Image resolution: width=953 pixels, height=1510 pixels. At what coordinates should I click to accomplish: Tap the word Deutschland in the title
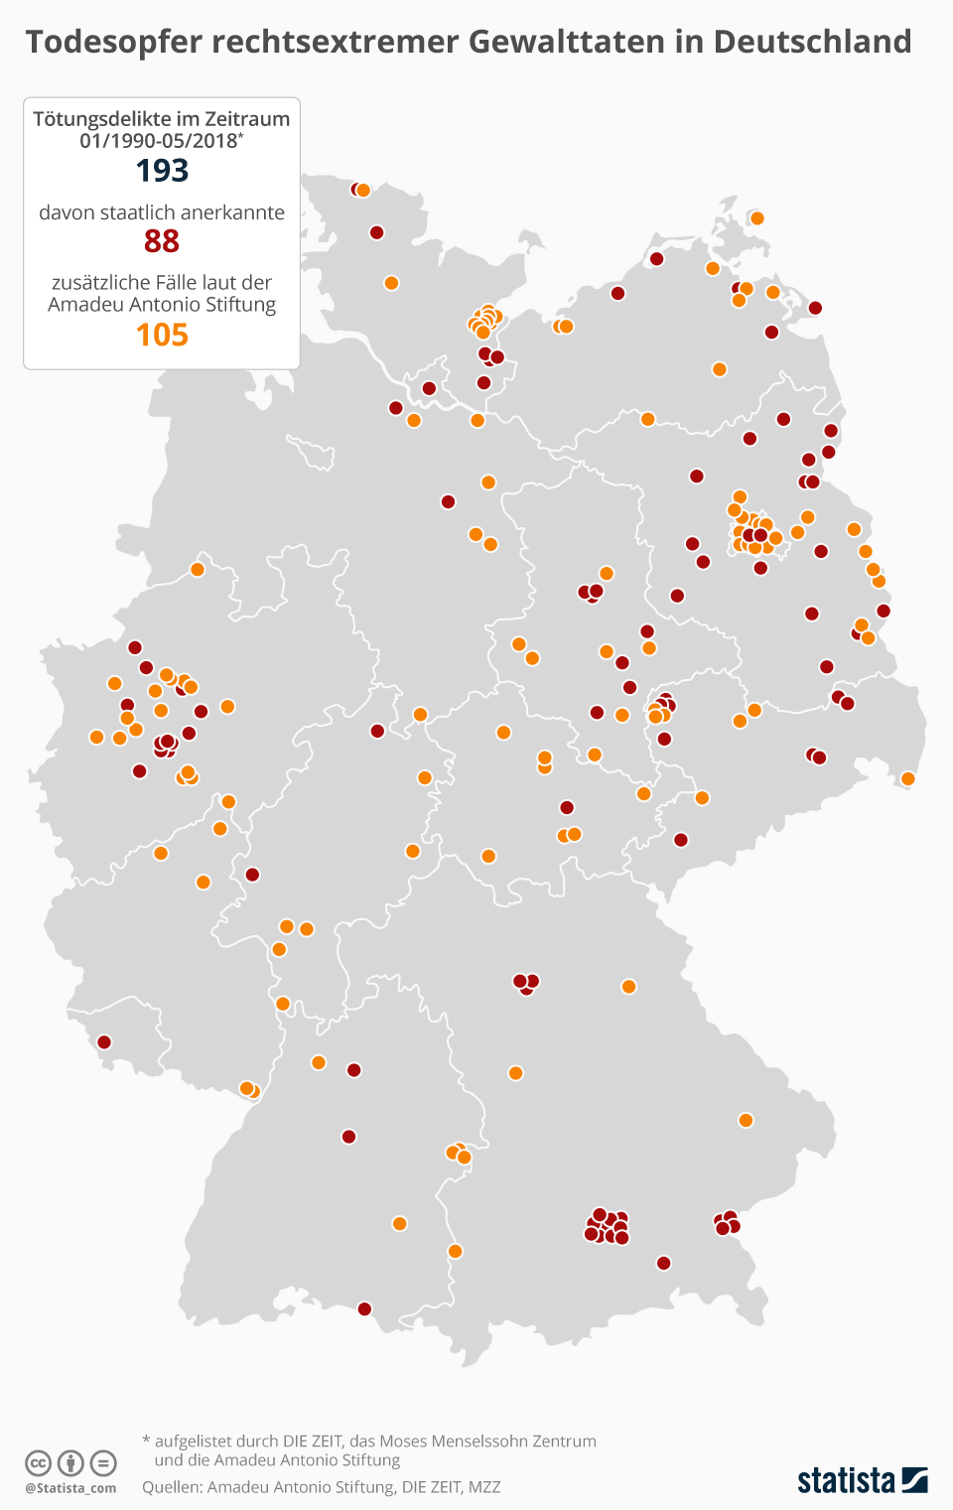click(812, 42)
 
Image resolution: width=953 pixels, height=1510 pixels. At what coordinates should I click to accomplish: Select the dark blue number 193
click(162, 171)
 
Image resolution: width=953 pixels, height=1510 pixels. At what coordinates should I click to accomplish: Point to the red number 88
click(162, 241)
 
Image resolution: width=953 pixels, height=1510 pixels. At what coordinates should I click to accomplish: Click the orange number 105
click(162, 336)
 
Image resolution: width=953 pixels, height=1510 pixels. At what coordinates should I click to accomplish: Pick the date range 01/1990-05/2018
click(159, 141)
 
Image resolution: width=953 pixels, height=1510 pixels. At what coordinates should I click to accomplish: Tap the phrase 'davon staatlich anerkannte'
click(162, 212)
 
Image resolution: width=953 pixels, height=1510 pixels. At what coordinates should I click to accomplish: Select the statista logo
click(862, 1480)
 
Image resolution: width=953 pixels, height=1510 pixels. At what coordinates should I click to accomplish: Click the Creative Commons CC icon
click(38, 1462)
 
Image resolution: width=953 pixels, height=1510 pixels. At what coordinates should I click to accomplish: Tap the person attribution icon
click(70, 1462)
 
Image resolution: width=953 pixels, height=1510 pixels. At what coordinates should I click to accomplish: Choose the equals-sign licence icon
click(103, 1462)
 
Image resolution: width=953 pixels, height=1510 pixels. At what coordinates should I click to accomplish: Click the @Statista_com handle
click(70, 1488)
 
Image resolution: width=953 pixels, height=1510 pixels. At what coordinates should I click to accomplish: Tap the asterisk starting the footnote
click(146, 1440)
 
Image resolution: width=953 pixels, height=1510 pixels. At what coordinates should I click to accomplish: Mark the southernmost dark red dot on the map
click(364, 1309)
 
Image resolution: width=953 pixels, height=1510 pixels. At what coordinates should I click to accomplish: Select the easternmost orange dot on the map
click(907, 778)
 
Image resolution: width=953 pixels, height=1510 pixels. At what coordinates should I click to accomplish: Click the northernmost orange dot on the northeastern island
click(757, 218)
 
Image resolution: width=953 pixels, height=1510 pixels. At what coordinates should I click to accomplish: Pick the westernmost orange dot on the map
click(96, 737)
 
